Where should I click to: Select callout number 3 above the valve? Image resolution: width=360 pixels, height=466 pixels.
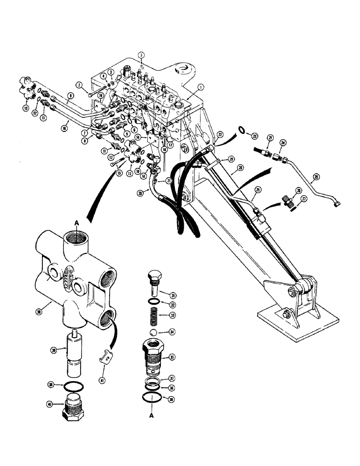140,55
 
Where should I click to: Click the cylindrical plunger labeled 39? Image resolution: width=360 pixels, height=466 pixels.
75,359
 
